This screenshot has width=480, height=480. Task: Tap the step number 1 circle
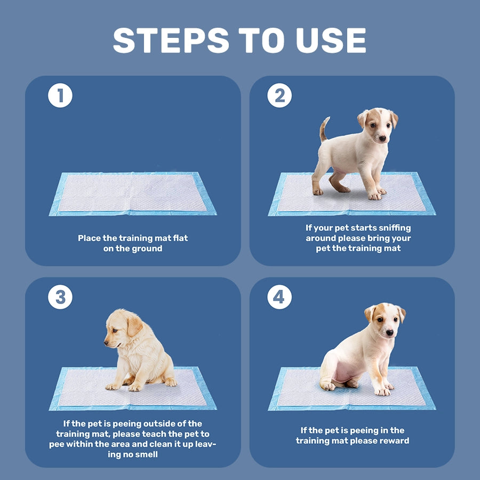tap(60, 96)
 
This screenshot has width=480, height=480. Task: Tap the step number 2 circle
tap(279, 96)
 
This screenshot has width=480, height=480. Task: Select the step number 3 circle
tap(60, 298)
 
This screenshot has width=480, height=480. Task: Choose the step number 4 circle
tap(279, 298)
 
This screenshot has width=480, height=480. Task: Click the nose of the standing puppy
tap(382, 138)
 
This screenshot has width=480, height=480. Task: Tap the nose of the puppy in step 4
tap(390, 333)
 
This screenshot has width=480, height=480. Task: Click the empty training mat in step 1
tap(132, 193)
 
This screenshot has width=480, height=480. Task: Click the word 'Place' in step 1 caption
tap(89, 238)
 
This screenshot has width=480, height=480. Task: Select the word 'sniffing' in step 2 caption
tap(392, 228)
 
